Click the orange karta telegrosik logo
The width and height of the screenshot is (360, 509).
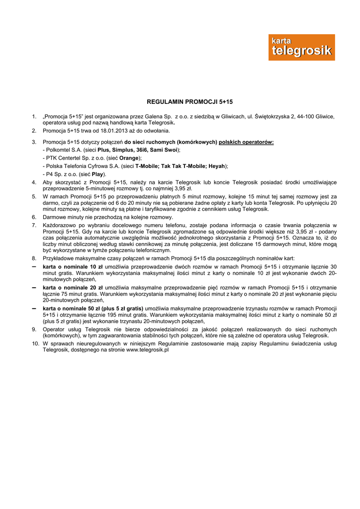coord(301,47)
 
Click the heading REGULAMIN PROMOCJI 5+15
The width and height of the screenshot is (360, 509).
coord(182,101)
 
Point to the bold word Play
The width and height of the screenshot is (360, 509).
coord(98,174)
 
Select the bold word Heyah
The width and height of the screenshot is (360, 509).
coord(218,166)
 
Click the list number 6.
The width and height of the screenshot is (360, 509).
coord(34,217)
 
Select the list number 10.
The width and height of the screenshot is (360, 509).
coord(35,343)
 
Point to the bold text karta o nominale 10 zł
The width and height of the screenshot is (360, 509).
coord(73,266)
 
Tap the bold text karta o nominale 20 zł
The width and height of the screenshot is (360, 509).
coord(73,287)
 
